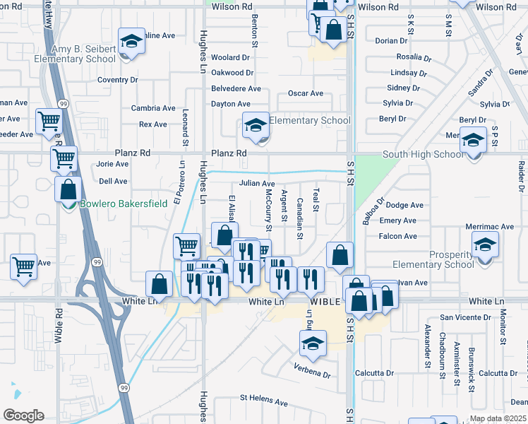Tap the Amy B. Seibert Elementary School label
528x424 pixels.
tap(83, 54)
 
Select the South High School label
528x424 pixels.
tap(424, 155)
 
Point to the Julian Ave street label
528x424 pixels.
tap(256, 184)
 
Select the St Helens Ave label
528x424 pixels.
tap(264, 403)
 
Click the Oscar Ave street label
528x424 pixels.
tap(305, 93)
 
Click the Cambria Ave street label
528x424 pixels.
tap(153, 108)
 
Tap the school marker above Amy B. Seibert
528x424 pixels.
tap(131, 42)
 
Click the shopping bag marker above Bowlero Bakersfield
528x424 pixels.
tap(68, 190)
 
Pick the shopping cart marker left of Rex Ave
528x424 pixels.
tap(49, 122)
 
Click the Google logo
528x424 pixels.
tap(23, 416)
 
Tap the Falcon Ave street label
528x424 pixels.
tap(398, 236)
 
